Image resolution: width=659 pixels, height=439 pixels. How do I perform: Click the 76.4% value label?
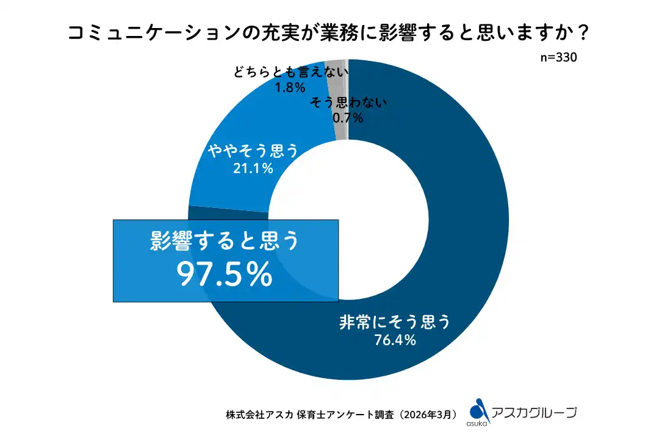[x=395, y=340]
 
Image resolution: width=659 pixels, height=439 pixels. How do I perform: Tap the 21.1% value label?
[x=253, y=168]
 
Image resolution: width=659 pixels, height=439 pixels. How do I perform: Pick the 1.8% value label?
[x=290, y=87]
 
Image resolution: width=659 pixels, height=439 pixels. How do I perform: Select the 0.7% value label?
[x=348, y=118]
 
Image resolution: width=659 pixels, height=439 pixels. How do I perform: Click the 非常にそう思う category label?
[x=395, y=321]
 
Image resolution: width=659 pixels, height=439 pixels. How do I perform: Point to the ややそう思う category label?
[x=253, y=151]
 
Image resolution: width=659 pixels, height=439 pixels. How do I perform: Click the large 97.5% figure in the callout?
[x=225, y=275]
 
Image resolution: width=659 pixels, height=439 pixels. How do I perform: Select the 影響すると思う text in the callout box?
[x=225, y=242]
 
